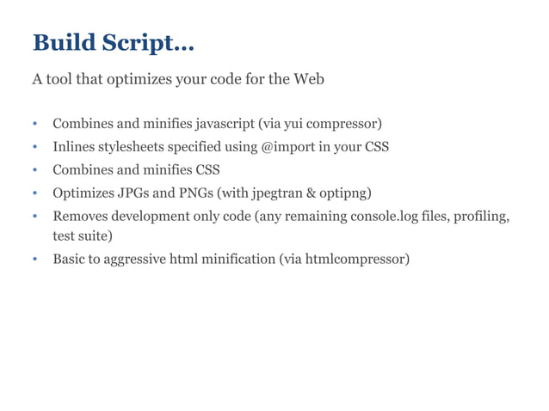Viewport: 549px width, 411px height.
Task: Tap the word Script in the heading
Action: coord(143,43)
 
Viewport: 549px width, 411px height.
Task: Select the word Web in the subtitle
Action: coord(309,80)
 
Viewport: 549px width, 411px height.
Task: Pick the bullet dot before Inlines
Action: coord(36,147)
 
